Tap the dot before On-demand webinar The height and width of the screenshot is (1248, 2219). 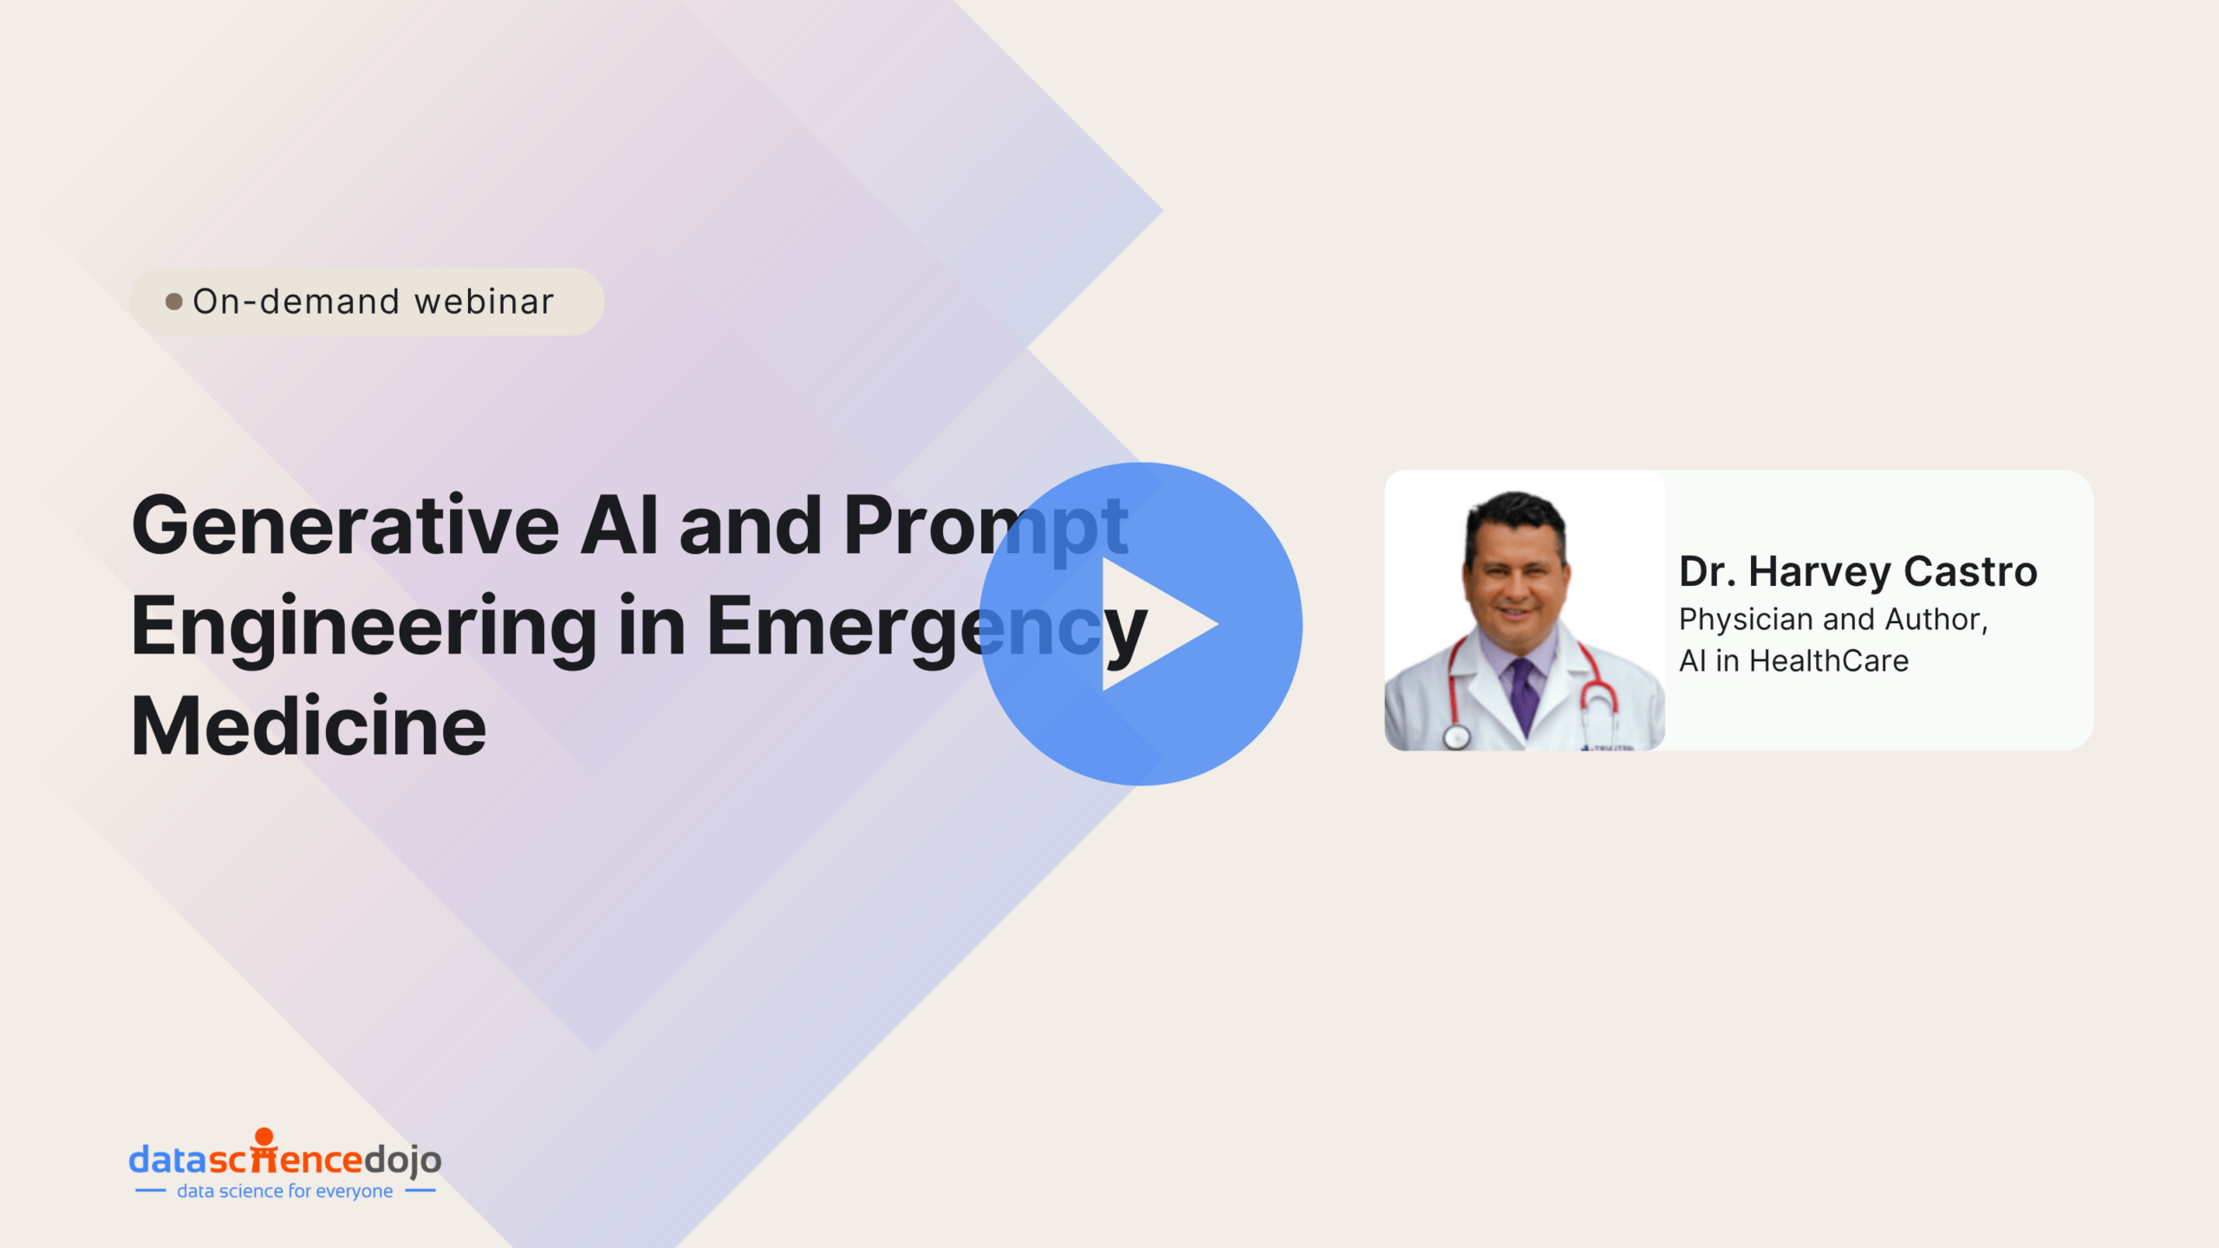pyautogui.click(x=174, y=302)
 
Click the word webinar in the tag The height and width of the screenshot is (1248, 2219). pyautogui.click(x=484, y=302)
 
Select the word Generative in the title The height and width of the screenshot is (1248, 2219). pyautogui.click(x=346, y=525)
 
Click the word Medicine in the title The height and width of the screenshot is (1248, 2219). pyautogui.click(x=309, y=725)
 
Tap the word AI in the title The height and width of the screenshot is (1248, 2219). pyautogui.click(x=619, y=525)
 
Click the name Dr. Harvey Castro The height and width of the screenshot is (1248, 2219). pyautogui.click(x=1858, y=572)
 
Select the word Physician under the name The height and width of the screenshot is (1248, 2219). pyautogui.click(x=1747, y=621)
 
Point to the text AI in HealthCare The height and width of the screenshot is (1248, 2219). pyautogui.click(x=1793, y=661)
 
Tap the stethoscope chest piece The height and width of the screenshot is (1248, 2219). pyautogui.click(x=1456, y=737)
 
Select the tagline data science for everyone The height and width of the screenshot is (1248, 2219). pyautogui.click(x=285, y=1192)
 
